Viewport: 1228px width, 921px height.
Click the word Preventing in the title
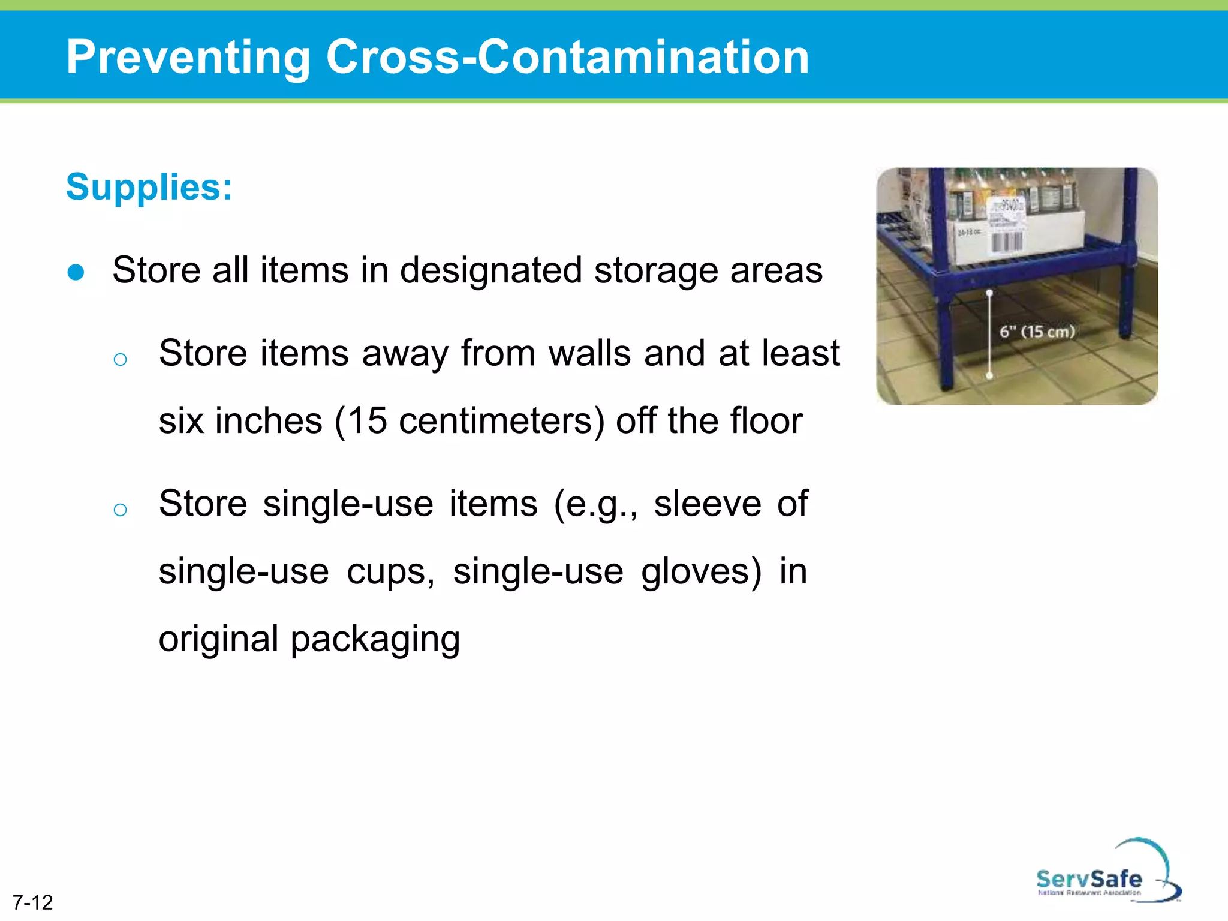click(x=188, y=57)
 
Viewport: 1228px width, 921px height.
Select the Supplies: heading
click(x=149, y=187)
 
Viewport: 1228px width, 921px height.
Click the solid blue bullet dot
click(x=76, y=272)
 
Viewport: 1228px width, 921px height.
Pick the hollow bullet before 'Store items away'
click(x=120, y=359)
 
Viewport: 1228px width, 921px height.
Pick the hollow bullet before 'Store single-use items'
click(x=120, y=510)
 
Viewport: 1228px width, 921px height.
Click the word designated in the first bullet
click(x=490, y=270)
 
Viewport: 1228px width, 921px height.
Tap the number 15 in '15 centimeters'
click(x=368, y=420)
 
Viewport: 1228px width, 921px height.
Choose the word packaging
click(x=375, y=639)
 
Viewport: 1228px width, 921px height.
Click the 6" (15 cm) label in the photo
click(x=1037, y=332)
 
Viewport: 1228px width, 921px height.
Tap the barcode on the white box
click(x=1007, y=242)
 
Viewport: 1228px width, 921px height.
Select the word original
click(x=218, y=639)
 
